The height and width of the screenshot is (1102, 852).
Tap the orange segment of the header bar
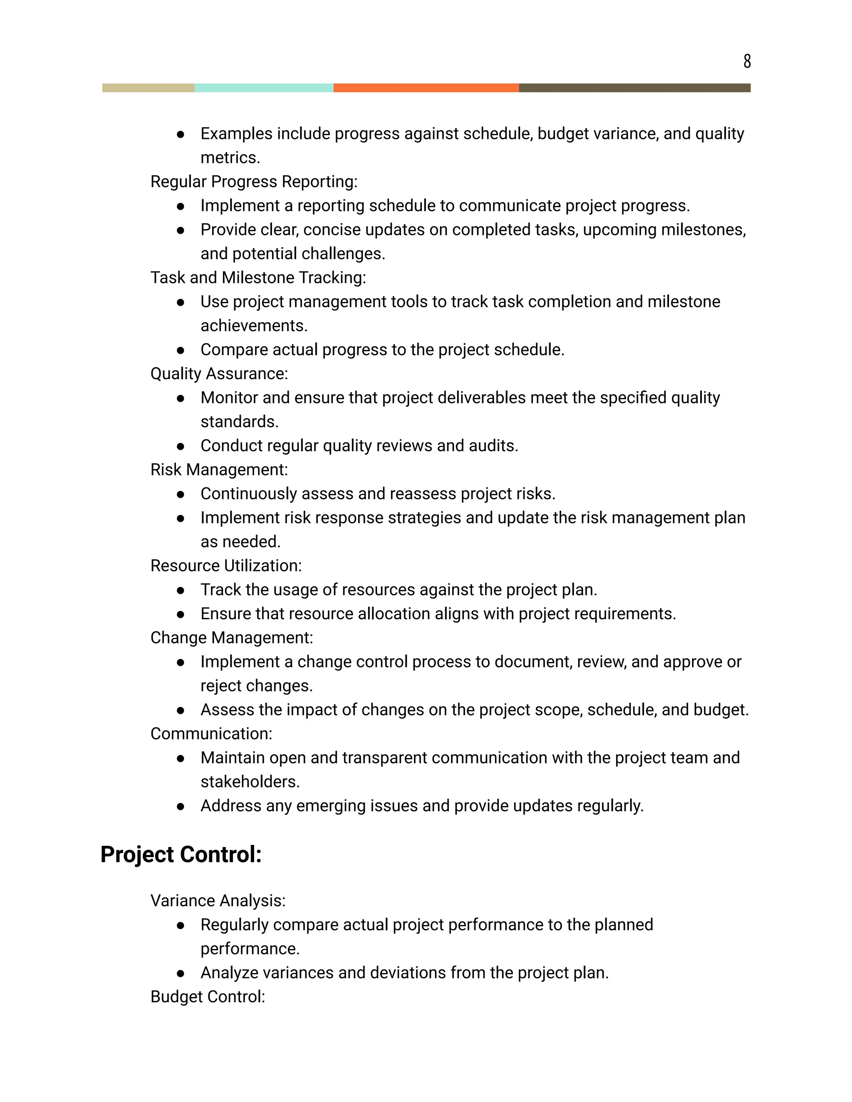426,88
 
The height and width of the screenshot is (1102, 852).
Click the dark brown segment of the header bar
634,88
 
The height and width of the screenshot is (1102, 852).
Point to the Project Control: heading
181,854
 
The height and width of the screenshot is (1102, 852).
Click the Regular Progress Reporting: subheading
254,182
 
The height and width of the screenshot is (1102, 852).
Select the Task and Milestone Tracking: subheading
258,277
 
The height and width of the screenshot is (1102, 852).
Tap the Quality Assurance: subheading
219,373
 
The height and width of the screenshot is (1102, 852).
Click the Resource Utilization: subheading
225,566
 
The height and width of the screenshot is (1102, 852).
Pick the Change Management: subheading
232,638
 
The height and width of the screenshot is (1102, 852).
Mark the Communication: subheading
211,734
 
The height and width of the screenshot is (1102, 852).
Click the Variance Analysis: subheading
218,901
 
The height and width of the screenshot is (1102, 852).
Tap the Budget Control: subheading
208,996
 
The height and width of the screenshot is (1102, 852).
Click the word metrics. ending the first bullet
230,158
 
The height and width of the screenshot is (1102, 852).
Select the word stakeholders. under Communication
250,782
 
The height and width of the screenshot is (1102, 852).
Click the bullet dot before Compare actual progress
180,350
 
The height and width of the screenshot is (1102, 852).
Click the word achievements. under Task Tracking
254,326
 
